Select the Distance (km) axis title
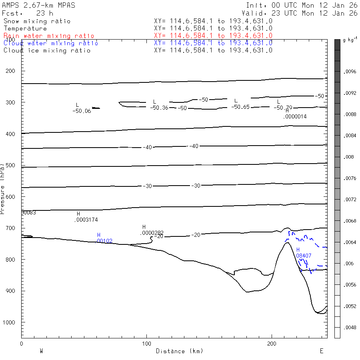(x=179, y=351)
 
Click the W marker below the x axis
(x=41, y=351)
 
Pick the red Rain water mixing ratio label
(x=49, y=36)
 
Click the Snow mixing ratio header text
(x=37, y=21)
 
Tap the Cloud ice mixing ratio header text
(x=47, y=50)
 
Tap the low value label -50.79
(x=283, y=108)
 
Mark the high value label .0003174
(x=86, y=220)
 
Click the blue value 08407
(x=304, y=255)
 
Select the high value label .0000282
(x=152, y=233)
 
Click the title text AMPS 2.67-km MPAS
(x=38, y=5)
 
